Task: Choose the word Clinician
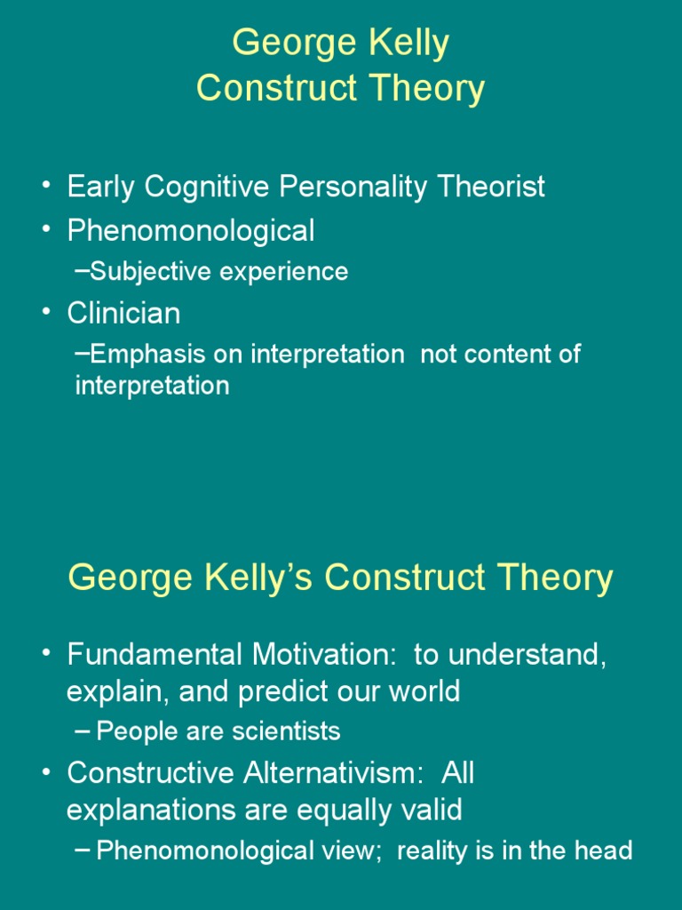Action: (124, 314)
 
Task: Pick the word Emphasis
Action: (147, 355)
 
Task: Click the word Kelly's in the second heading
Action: (253, 579)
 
